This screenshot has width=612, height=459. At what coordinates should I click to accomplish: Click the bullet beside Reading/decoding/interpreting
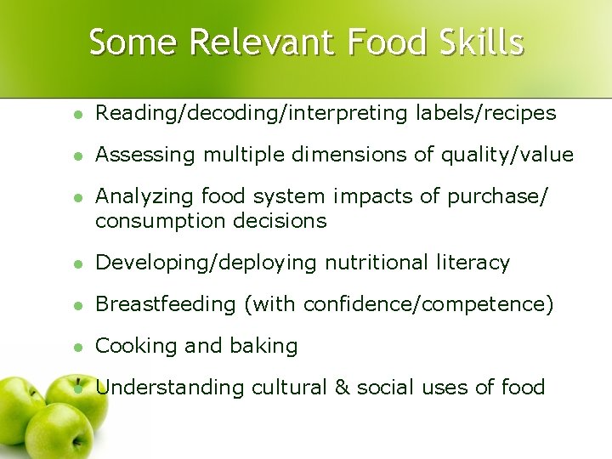pyautogui.click(x=77, y=114)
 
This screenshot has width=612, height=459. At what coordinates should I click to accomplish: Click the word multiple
pyautogui.click(x=246, y=156)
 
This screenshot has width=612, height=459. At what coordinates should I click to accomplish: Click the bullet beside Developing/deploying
pyautogui.click(x=77, y=264)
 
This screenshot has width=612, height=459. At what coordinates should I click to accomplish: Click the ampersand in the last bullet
pyautogui.click(x=343, y=388)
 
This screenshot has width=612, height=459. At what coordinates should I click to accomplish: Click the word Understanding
pyautogui.click(x=170, y=388)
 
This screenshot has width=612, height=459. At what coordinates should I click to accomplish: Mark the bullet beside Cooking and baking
pyautogui.click(x=77, y=348)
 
